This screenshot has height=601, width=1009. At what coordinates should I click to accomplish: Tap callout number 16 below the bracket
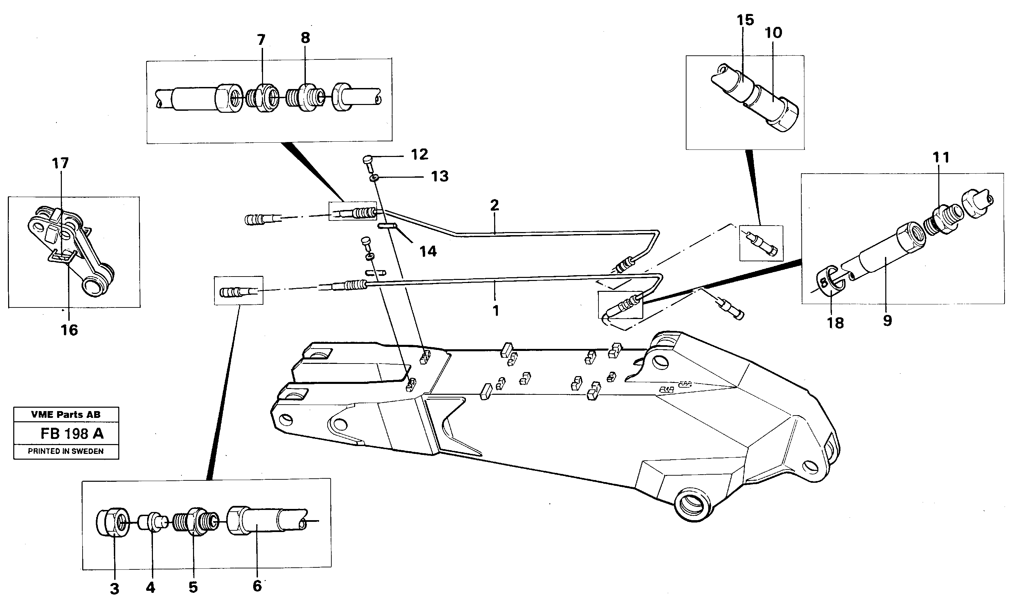coord(69,330)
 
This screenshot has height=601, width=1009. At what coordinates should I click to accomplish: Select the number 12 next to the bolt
coord(419,154)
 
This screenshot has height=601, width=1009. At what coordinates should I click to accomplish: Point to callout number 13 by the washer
coord(439,176)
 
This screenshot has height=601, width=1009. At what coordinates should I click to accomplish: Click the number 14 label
coord(428,251)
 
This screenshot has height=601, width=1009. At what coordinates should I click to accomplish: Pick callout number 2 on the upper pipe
coord(494,205)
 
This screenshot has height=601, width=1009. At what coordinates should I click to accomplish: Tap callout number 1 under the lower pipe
coord(495,311)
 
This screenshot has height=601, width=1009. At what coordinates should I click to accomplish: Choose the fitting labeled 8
coord(307,98)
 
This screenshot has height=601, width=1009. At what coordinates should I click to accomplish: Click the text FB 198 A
coord(72,434)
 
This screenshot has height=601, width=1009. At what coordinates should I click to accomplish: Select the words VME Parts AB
coord(66,414)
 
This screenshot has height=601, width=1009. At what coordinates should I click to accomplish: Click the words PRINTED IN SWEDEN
coord(66,451)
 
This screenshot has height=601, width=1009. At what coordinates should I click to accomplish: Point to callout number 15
coord(745,20)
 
